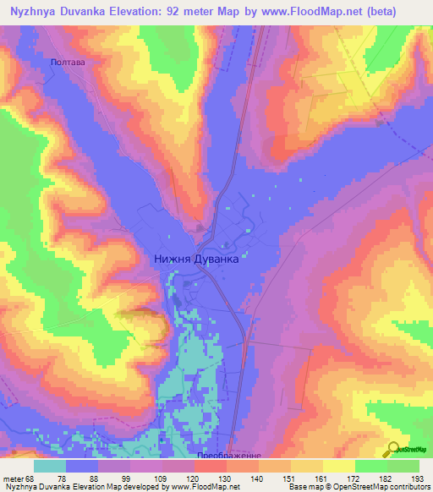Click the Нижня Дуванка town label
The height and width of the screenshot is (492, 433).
pyautogui.click(x=197, y=261)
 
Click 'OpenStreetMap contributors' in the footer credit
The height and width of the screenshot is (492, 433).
pyautogui.click(x=384, y=487)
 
